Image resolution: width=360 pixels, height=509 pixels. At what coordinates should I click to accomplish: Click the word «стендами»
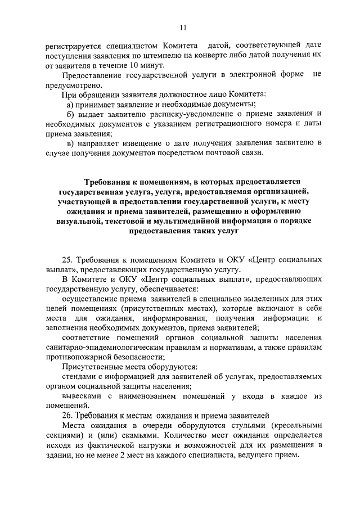click(x=79, y=376)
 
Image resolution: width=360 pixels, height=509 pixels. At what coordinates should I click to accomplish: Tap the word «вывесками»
click(x=82, y=396)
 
